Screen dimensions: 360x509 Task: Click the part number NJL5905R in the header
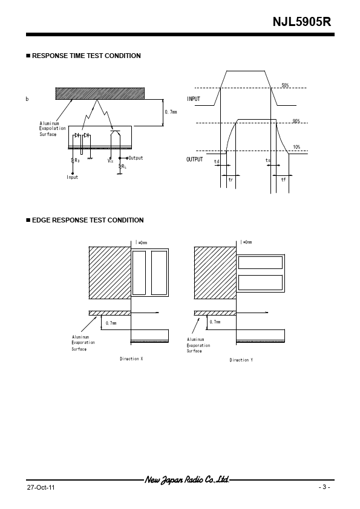pos(302,22)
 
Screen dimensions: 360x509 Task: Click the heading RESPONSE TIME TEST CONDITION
pos(87,56)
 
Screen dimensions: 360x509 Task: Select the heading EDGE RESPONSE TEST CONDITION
pos(88,220)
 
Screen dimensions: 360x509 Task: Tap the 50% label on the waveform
pos(285,85)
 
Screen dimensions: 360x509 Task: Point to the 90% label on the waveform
pos(296,121)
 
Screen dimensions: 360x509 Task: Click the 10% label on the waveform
pos(296,147)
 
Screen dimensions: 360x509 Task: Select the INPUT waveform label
pos(194,99)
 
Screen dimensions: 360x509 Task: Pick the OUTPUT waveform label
pos(195,160)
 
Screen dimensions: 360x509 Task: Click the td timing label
pos(217,161)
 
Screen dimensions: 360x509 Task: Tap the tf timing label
pos(283,180)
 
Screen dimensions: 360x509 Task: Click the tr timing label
pos(231,180)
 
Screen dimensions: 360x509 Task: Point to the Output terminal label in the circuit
pos(136,158)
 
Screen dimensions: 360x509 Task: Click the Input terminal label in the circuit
pos(73,177)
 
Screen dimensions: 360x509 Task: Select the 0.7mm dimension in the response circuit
pos(171,112)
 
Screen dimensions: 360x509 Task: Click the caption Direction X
pos(131,358)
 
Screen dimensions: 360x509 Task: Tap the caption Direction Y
pos(241,360)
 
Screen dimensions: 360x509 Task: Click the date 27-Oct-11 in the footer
pos(41,488)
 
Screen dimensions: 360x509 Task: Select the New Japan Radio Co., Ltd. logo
pos(187,479)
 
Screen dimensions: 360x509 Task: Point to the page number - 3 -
pos(324,487)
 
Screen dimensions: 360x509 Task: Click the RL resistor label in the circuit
pos(124,166)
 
